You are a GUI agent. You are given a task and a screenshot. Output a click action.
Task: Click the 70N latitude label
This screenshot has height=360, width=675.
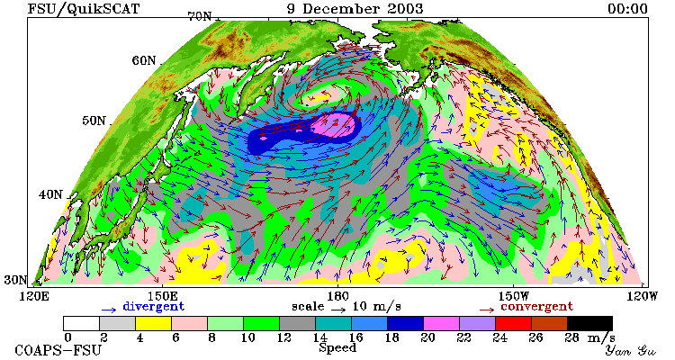click(200, 17)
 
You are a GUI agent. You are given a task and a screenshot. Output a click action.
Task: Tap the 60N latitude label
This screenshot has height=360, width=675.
click(144, 60)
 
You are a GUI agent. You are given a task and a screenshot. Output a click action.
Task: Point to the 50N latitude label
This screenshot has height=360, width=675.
click(94, 121)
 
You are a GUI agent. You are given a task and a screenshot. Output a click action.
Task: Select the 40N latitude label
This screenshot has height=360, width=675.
click(50, 194)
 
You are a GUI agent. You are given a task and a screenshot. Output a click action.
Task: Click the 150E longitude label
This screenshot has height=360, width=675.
click(163, 297)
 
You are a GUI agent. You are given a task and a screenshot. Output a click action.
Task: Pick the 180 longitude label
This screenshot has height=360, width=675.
click(337, 297)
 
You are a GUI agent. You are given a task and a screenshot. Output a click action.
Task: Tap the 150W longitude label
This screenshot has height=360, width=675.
click(514, 297)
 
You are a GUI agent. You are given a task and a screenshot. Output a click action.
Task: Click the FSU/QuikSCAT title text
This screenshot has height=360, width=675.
click(84, 9)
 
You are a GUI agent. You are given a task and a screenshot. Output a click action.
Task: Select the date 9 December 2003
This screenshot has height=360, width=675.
click(355, 9)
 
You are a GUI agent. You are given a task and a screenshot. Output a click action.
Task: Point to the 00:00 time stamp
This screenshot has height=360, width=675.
click(627, 9)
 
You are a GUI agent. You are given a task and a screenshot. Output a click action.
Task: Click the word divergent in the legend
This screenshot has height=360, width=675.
click(154, 307)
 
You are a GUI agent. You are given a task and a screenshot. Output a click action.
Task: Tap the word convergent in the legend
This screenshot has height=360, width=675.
click(536, 307)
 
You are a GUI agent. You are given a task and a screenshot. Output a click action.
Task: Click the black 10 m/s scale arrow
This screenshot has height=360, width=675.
click(338, 310)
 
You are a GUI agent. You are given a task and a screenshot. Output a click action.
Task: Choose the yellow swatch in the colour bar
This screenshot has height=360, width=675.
click(153, 323)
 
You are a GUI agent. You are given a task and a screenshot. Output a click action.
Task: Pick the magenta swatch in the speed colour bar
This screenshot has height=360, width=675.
click(441, 323)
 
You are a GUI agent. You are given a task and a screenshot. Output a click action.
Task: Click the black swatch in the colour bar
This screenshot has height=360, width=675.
click(589, 323)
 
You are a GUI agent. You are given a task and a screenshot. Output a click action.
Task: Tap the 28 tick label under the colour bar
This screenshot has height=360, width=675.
click(572, 337)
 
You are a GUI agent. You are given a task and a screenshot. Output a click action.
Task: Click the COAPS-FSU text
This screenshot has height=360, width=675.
click(58, 350)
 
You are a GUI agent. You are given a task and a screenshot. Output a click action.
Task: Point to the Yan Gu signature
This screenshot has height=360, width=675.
click(631, 350)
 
